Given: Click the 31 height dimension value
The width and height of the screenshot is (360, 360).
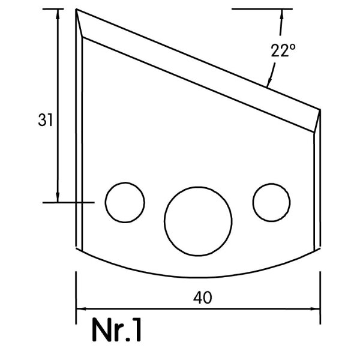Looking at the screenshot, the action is (45, 120).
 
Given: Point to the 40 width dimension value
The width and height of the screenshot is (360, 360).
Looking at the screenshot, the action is (203, 298).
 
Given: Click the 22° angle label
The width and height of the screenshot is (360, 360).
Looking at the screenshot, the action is (283, 50).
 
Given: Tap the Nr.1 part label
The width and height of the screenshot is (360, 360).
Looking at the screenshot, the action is (116, 329).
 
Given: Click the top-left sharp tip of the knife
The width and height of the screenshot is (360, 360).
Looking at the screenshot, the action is (76, 9).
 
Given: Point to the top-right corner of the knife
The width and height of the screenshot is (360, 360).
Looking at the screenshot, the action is (320, 110).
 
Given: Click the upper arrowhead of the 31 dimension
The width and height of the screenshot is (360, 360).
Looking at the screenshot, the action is (58, 14).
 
